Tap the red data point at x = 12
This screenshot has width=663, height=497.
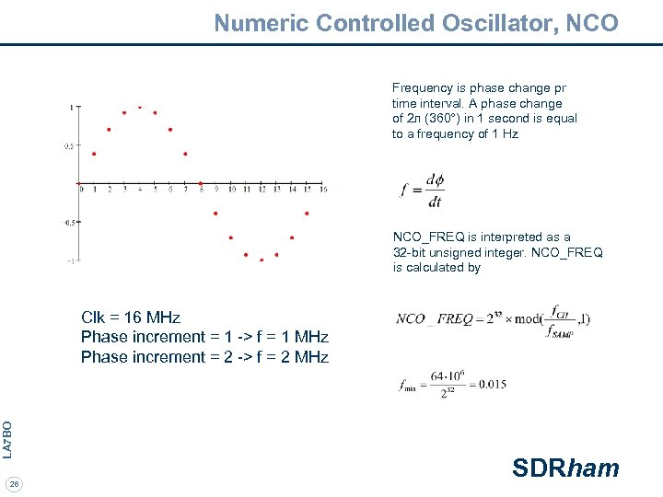pyautogui.click(x=262, y=260)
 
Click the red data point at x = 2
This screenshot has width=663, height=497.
pyautogui.click(x=109, y=130)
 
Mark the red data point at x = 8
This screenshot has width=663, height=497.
pyautogui.click(x=201, y=183)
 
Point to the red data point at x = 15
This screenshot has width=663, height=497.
pyautogui.click(x=307, y=214)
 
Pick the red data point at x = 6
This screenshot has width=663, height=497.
pyautogui.click(x=170, y=130)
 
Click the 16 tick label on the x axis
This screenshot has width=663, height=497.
pyautogui.click(x=322, y=190)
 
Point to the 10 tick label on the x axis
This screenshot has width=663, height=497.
pyautogui.click(x=232, y=190)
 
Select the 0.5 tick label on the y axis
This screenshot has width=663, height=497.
pyautogui.click(x=69, y=145)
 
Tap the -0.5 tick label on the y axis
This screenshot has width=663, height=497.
pyautogui.click(x=69, y=222)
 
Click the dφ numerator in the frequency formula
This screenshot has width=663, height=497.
pyautogui.click(x=435, y=180)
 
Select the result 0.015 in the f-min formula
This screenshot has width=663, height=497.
pyautogui.click(x=492, y=384)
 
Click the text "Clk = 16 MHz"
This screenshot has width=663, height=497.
pyautogui.click(x=131, y=318)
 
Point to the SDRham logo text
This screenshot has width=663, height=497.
pyautogui.click(x=565, y=468)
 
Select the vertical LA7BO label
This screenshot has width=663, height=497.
pyautogui.click(x=7, y=439)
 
